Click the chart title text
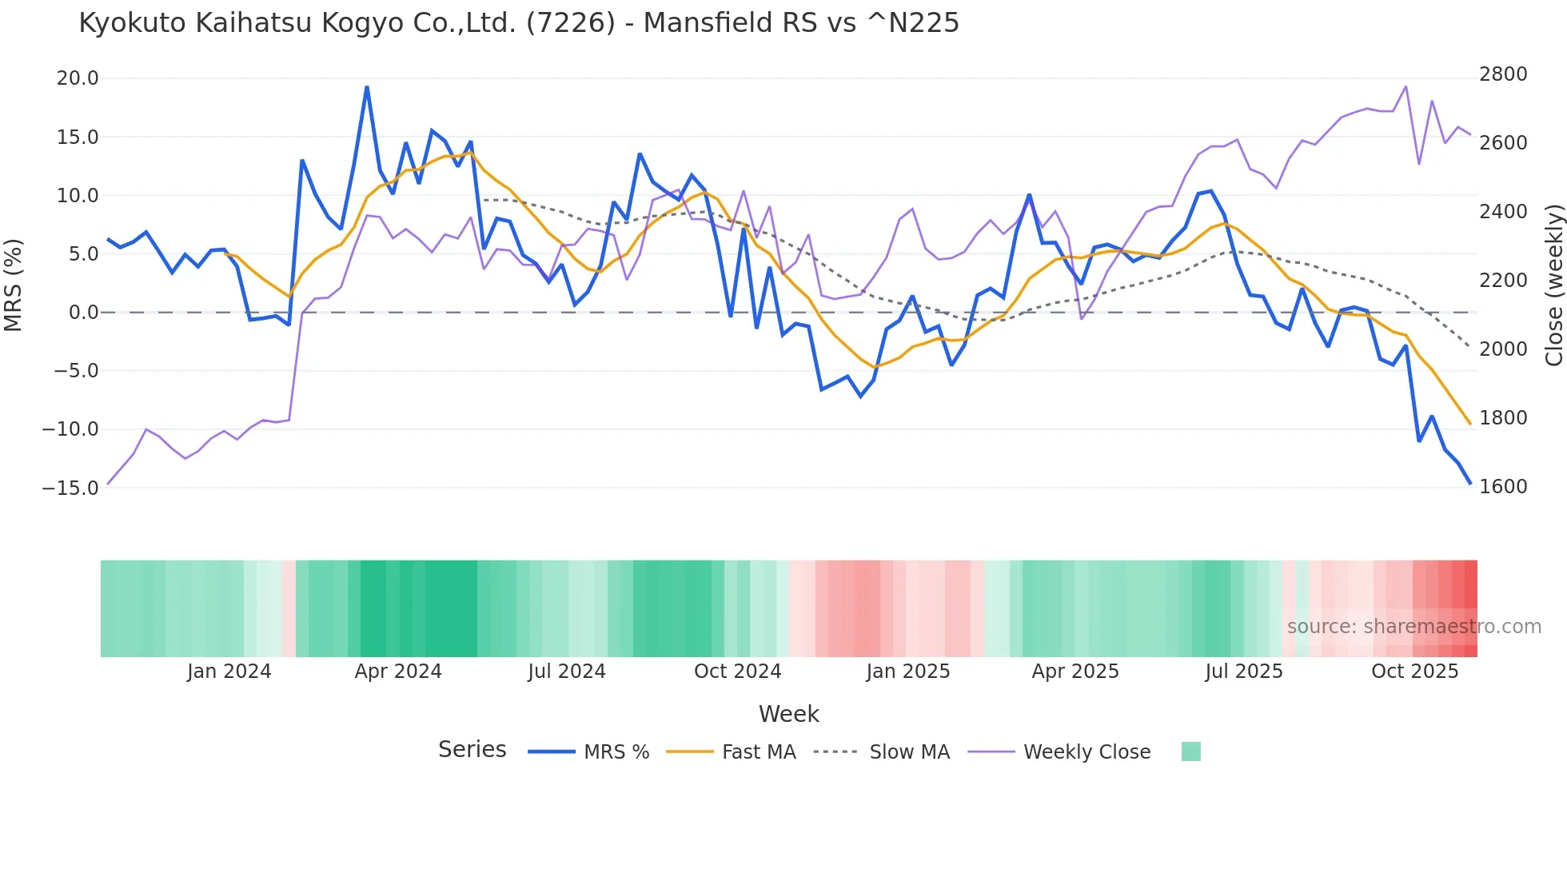pos(519,23)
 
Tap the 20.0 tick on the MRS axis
pos(78,78)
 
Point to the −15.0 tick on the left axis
pos(70,488)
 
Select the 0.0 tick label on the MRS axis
pos(83,313)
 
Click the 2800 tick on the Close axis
pos(1503,74)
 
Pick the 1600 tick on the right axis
pos(1503,487)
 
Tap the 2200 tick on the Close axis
pos(1503,281)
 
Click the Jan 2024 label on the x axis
pos(229,672)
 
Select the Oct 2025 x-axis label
pos(1415,672)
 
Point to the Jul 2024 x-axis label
pos(567,672)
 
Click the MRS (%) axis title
pos(14,285)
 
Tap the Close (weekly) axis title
pos(1553,285)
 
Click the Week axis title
pos(788,714)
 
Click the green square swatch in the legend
pos(1190,751)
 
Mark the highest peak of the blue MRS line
pos(367,87)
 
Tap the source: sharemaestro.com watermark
pos(1413,627)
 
